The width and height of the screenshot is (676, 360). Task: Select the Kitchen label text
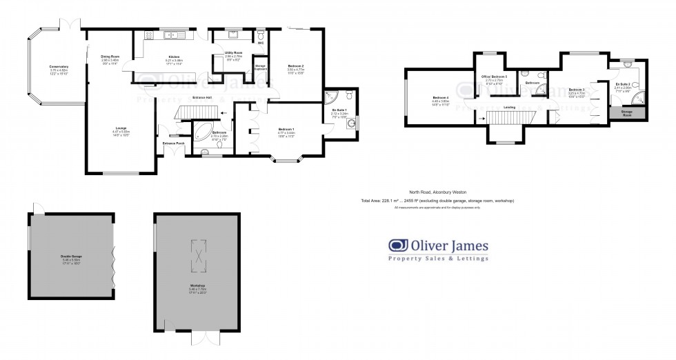click(x=175, y=57)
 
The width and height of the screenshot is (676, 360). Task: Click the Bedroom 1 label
click(x=286, y=129)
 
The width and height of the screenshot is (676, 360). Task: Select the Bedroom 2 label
click(x=295, y=66)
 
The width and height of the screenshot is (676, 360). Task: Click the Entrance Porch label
click(x=173, y=143)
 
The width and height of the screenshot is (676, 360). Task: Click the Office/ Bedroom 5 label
click(x=497, y=77)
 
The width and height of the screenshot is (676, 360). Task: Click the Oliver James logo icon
click(x=397, y=245)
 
